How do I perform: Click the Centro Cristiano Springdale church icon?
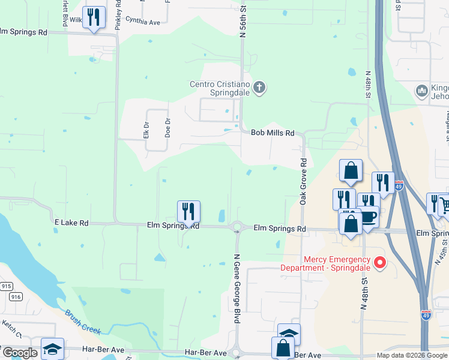259,88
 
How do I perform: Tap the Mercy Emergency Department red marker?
379,262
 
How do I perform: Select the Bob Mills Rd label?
273,133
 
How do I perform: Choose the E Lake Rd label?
71,223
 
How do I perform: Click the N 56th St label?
243,23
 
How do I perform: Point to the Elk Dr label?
146,131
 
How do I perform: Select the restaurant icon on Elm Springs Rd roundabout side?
188,211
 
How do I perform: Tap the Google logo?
19,353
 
